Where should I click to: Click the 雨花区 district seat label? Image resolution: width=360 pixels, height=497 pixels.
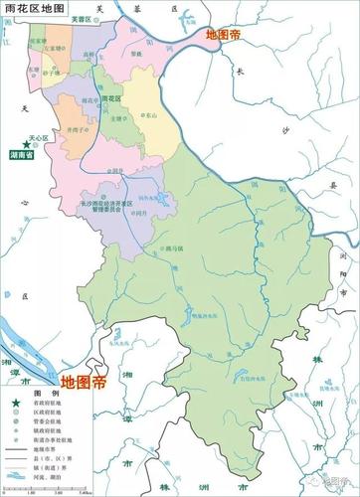[110, 100]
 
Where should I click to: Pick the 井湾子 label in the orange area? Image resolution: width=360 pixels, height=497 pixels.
[68, 128]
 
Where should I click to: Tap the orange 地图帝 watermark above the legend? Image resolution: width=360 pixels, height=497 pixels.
[84, 380]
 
